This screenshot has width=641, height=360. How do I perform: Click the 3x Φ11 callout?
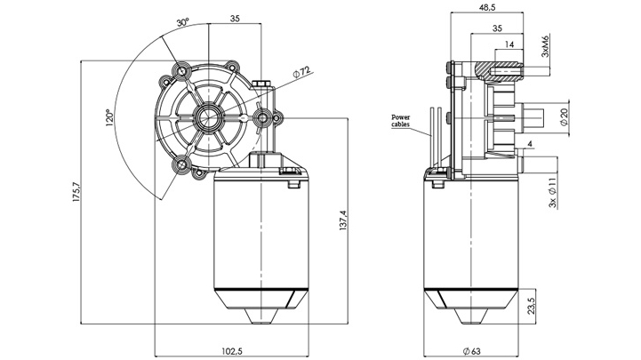pos(553,192)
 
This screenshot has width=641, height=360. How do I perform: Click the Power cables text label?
pos(400,122)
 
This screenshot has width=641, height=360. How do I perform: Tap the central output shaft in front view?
pos(210,116)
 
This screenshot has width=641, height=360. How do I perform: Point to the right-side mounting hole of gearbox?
pos(264,117)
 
